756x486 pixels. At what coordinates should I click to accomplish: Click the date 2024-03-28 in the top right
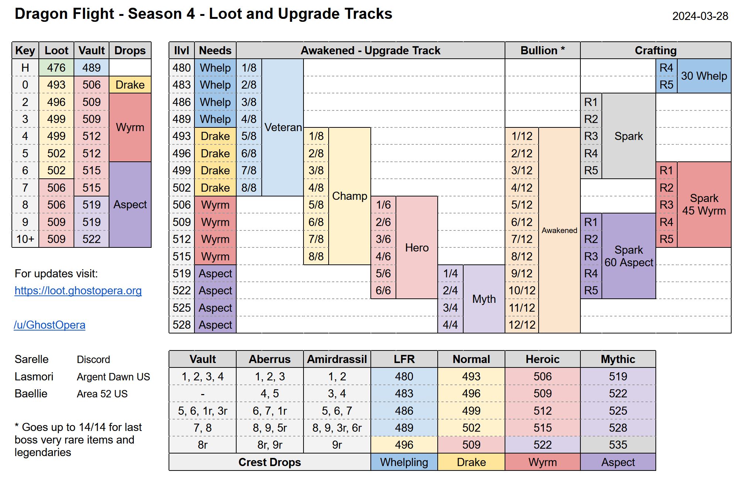700,16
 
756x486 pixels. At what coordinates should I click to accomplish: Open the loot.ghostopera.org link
78,291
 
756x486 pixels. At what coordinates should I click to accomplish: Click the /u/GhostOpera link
50,325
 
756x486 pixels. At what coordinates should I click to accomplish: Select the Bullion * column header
542,51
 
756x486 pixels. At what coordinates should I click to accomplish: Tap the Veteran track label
283,127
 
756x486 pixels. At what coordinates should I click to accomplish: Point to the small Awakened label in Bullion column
559,230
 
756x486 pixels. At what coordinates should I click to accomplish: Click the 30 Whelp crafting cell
704,76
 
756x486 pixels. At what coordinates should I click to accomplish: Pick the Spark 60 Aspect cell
629,256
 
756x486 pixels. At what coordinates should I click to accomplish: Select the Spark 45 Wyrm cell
704,205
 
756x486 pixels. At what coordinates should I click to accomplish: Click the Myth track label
484,299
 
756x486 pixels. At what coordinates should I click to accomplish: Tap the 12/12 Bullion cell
522,325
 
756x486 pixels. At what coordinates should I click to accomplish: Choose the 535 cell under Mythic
618,445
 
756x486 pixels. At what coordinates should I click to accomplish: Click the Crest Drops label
269,462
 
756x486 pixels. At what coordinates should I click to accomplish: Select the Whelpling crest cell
404,462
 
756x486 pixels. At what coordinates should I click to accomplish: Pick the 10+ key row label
25,239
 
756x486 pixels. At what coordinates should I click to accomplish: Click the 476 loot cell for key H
56,68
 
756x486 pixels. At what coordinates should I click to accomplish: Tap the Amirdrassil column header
337,359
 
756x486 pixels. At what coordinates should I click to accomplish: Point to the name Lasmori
34,377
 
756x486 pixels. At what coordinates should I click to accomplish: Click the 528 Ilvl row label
182,325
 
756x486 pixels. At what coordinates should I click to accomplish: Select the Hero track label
417,247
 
